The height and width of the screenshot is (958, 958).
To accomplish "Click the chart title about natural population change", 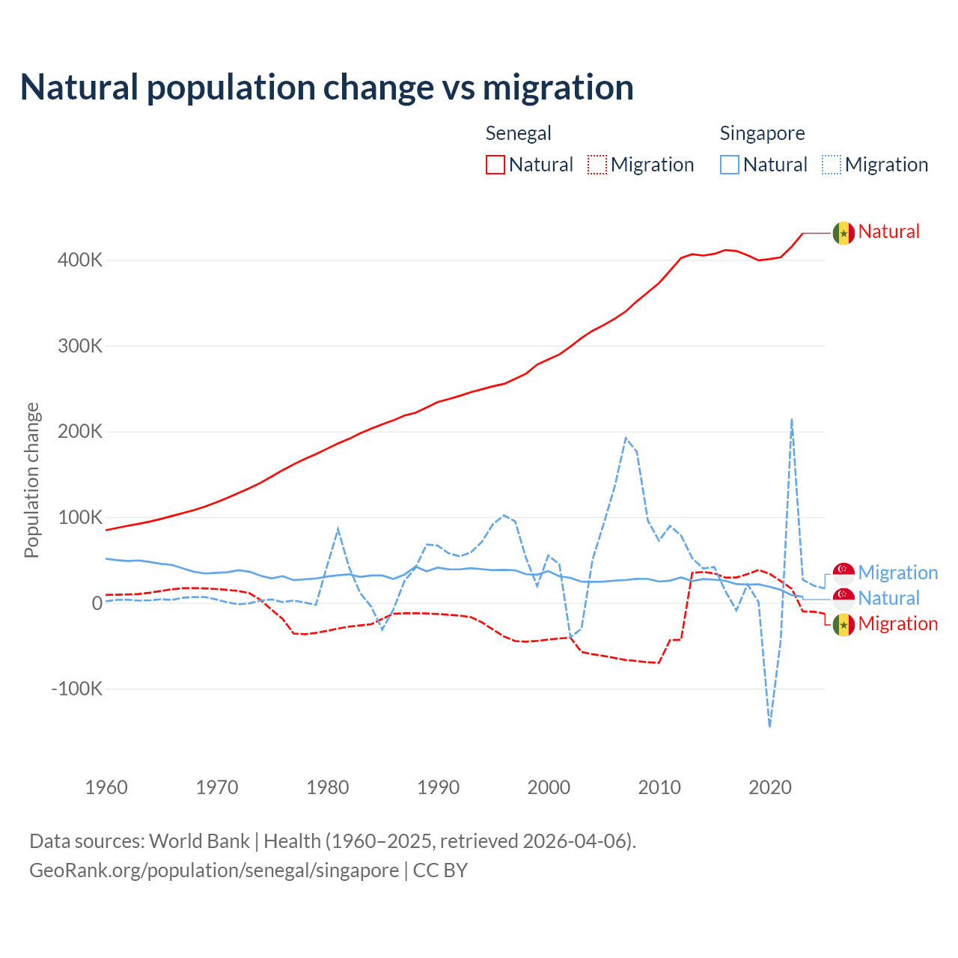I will (x=327, y=88).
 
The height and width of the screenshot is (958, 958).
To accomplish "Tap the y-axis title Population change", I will (x=31, y=480).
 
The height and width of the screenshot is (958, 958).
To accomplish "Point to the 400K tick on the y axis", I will (x=79, y=260).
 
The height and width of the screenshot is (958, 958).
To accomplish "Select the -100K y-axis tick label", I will (x=76, y=689).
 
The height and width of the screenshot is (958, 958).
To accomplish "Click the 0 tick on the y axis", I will (x=97, y=603).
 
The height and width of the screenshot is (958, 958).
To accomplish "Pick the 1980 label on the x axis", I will (x=328, y=787).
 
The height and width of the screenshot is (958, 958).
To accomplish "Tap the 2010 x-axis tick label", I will (x=659, y=787).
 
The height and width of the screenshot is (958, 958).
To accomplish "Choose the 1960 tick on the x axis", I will (x=106, y=787).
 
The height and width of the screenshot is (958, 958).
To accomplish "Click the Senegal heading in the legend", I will (x=518, y=133).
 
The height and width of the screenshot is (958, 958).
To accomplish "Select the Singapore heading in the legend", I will (x=762, y=133).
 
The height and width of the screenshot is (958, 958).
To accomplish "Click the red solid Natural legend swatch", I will (x=495, y=165).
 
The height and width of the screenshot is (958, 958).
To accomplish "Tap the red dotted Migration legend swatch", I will (x=597, y=165).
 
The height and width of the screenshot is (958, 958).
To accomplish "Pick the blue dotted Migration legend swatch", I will (x=832, y=165).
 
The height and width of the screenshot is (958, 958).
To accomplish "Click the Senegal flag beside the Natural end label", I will (x=843, y=233).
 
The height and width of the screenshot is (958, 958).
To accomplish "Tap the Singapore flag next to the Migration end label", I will (x=843, y=573).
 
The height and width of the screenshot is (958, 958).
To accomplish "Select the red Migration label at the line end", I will (x=897, y=623).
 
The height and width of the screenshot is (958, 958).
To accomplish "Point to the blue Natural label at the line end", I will (x=888, y=598).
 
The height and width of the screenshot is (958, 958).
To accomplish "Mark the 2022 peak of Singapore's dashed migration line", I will (x=792, y=420).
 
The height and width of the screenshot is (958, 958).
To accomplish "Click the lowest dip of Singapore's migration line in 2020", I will (x=769, y=725).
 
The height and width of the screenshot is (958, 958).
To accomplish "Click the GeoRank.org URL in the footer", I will (x=214, y=870).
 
